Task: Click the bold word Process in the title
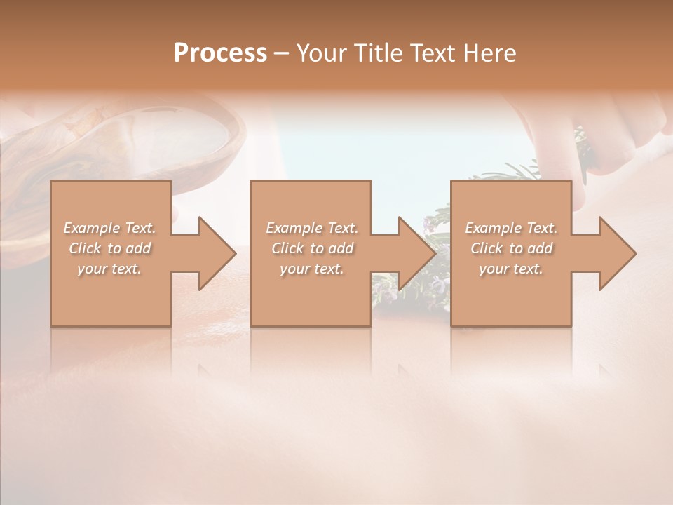pyautogui.click(x=220, y=53)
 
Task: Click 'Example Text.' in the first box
pyautogui.click(x=110, y=228)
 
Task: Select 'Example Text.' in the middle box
pyautogui.click(x=312, y=228)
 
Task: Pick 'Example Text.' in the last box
pyautogui.click(x=511, y=228)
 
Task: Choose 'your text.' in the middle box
pyautogui.click(x=311, y=269)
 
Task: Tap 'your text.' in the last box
pyautogui.click(x=510, y=269)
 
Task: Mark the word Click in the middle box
pyautogui.click(x=287, y=248)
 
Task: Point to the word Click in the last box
pyautogui.click(x=486, y=248)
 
